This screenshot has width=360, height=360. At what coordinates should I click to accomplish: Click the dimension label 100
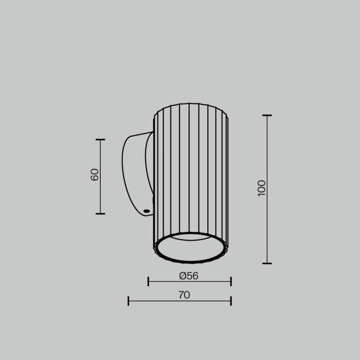tap(262, 188)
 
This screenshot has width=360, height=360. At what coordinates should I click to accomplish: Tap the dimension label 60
tap(95, 174)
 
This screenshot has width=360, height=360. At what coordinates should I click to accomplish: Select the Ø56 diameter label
tap(189, 276)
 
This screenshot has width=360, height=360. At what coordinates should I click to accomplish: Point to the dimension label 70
tap(184, 295)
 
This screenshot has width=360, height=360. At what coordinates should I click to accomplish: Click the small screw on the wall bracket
tap(147, 211)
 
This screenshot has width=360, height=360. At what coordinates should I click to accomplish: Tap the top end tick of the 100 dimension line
tap(267, 116)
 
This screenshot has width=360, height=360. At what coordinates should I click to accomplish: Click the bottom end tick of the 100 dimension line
tap(267, 263)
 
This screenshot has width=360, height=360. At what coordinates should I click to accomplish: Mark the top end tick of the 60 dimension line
tap(100, 139)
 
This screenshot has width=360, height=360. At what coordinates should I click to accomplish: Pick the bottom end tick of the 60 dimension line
tap(100, 213)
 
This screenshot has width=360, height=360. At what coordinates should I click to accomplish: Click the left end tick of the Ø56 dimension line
tap(149, 281)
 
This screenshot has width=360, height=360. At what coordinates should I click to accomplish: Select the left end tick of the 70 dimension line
tap(129, 301)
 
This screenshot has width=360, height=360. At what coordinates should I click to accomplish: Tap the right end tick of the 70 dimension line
tap(231, 301)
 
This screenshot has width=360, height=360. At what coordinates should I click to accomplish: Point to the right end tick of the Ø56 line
tap(231, 281)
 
